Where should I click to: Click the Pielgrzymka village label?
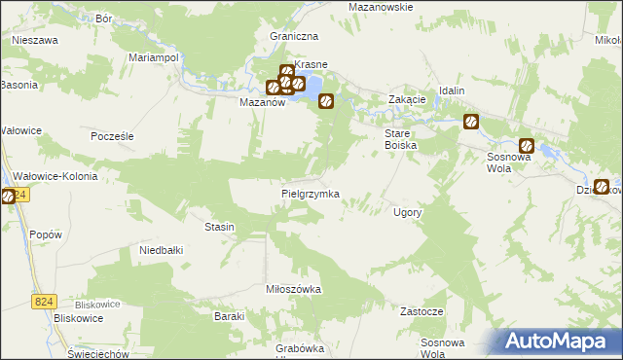pyautogui.click(x=310, y=194)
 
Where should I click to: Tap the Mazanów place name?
pyautogui.click(x=262, y=101)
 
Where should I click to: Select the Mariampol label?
pyautogui.click(x=153, y=57)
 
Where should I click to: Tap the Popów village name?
pyautogui.click(x=46, y=234)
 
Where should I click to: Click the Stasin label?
pyautogui.click(x=219, y=227)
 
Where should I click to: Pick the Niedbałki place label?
pyautogui.click(x=162, y=250)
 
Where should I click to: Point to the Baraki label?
pyautogui.click(x=228, y=316)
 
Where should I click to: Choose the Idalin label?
pyautogui.click(x=452, y=90)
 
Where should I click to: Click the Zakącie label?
pyautogui.click(x=407, y=99)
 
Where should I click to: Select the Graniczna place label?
pyautogui.click(x=295, y=36)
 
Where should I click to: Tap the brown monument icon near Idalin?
pyautogui.click(x=471, y=122)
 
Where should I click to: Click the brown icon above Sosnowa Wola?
pyautogui.click(x=526, y=140)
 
